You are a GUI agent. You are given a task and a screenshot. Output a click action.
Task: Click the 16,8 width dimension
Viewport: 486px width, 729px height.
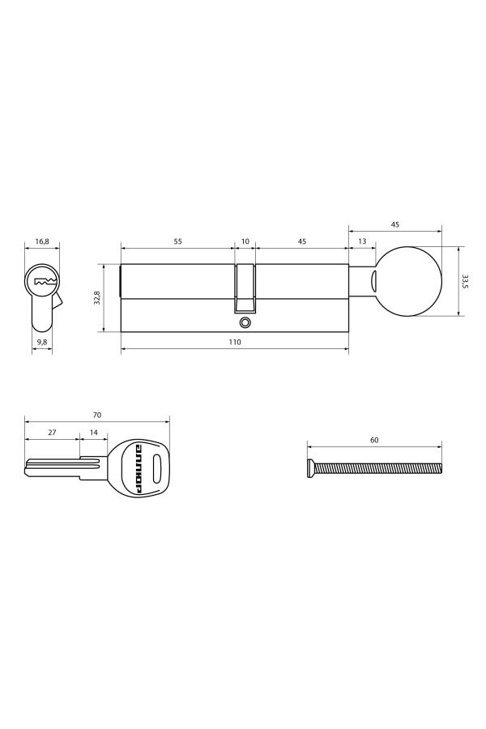(42, 241)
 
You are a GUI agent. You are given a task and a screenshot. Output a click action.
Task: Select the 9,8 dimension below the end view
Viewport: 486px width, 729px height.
(42, 343)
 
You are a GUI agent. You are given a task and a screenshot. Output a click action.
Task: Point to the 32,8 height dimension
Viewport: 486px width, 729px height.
(97, 297)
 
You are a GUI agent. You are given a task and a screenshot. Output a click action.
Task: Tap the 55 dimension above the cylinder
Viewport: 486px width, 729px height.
(177, 241)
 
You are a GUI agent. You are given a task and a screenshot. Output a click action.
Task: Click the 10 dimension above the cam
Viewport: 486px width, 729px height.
(245, 241)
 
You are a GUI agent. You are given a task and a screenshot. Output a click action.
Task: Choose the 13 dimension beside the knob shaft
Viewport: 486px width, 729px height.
(361, 241)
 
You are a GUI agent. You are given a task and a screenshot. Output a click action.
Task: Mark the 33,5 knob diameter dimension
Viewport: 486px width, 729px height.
(465, 281)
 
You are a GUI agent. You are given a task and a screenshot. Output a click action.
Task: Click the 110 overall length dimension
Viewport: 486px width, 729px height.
(235, 343)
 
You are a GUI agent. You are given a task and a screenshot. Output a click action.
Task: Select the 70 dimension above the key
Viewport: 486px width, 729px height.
(97, 415)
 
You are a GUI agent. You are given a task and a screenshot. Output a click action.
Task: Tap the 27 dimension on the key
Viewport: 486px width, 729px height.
(52, 433)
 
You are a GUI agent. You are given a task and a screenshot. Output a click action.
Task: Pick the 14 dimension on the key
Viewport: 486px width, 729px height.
(94, 433)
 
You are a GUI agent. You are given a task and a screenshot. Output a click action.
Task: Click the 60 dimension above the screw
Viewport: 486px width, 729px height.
(374, 440)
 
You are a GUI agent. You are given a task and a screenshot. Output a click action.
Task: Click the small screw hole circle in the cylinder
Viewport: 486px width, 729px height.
(245, 323)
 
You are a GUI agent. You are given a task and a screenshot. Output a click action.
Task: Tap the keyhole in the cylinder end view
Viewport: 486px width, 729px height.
(43, 283)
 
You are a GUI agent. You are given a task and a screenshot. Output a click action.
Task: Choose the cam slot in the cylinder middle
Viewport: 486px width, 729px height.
(245, 289)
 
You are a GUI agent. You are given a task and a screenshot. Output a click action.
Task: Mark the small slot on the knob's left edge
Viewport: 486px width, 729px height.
(375, 281)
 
